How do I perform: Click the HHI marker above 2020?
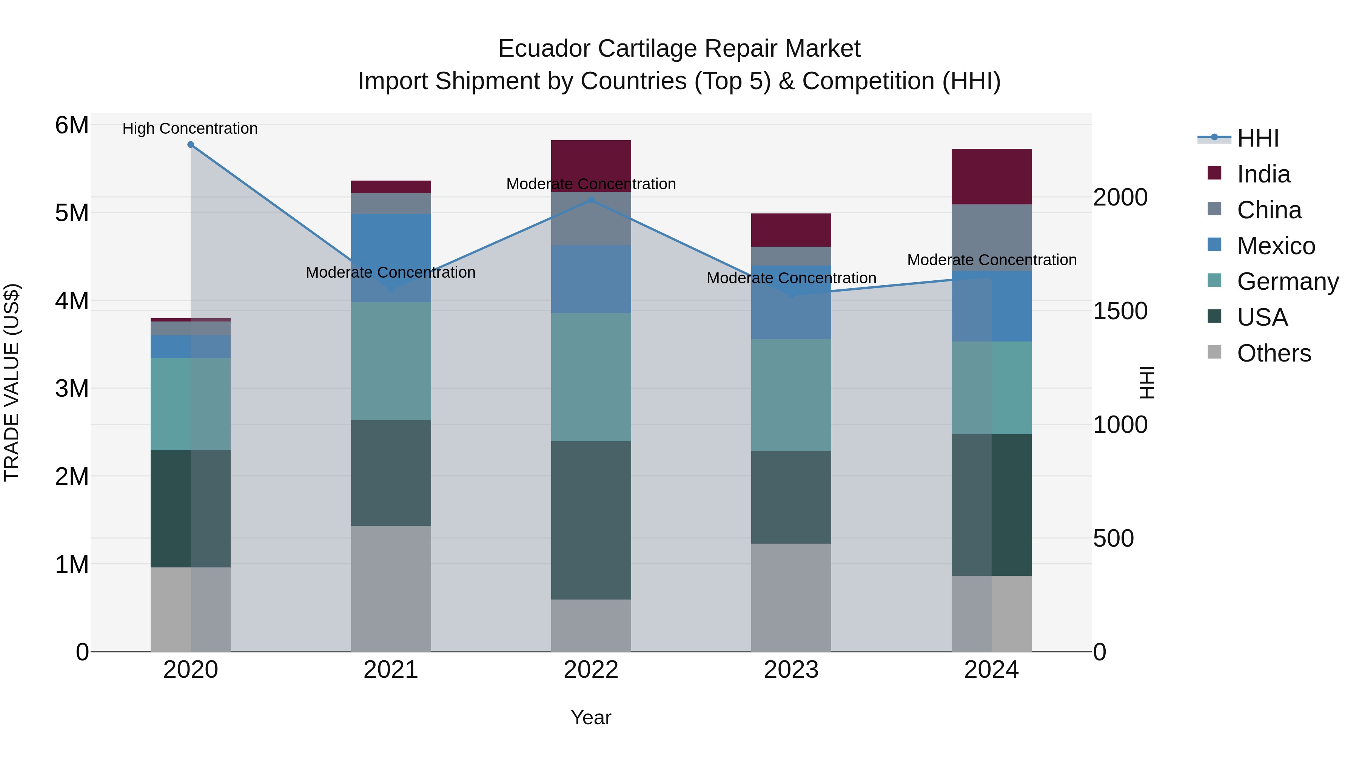point(191,145)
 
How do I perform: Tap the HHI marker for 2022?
point(591,201)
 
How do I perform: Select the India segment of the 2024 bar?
point(991,176)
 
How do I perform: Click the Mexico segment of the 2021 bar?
point(391,258)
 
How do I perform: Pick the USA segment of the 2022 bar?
point(591,520)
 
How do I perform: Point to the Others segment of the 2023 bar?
point(791,597)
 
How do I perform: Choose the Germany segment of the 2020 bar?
point(191,404)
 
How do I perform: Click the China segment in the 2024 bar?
point(991,238)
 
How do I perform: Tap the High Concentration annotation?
point(190,128)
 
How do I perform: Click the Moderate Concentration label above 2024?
point(991,260)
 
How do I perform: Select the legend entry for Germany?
point(1287,281)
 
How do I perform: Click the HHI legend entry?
point(1258,138)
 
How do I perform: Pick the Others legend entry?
point(1274,353)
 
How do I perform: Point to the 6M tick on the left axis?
point(72,126)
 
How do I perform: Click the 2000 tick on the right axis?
point(1120,198)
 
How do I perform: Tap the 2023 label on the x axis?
point(791,670)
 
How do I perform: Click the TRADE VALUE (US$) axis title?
point(12,382)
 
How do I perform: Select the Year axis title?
point(591,717)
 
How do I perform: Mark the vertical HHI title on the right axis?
point(1146,382)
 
